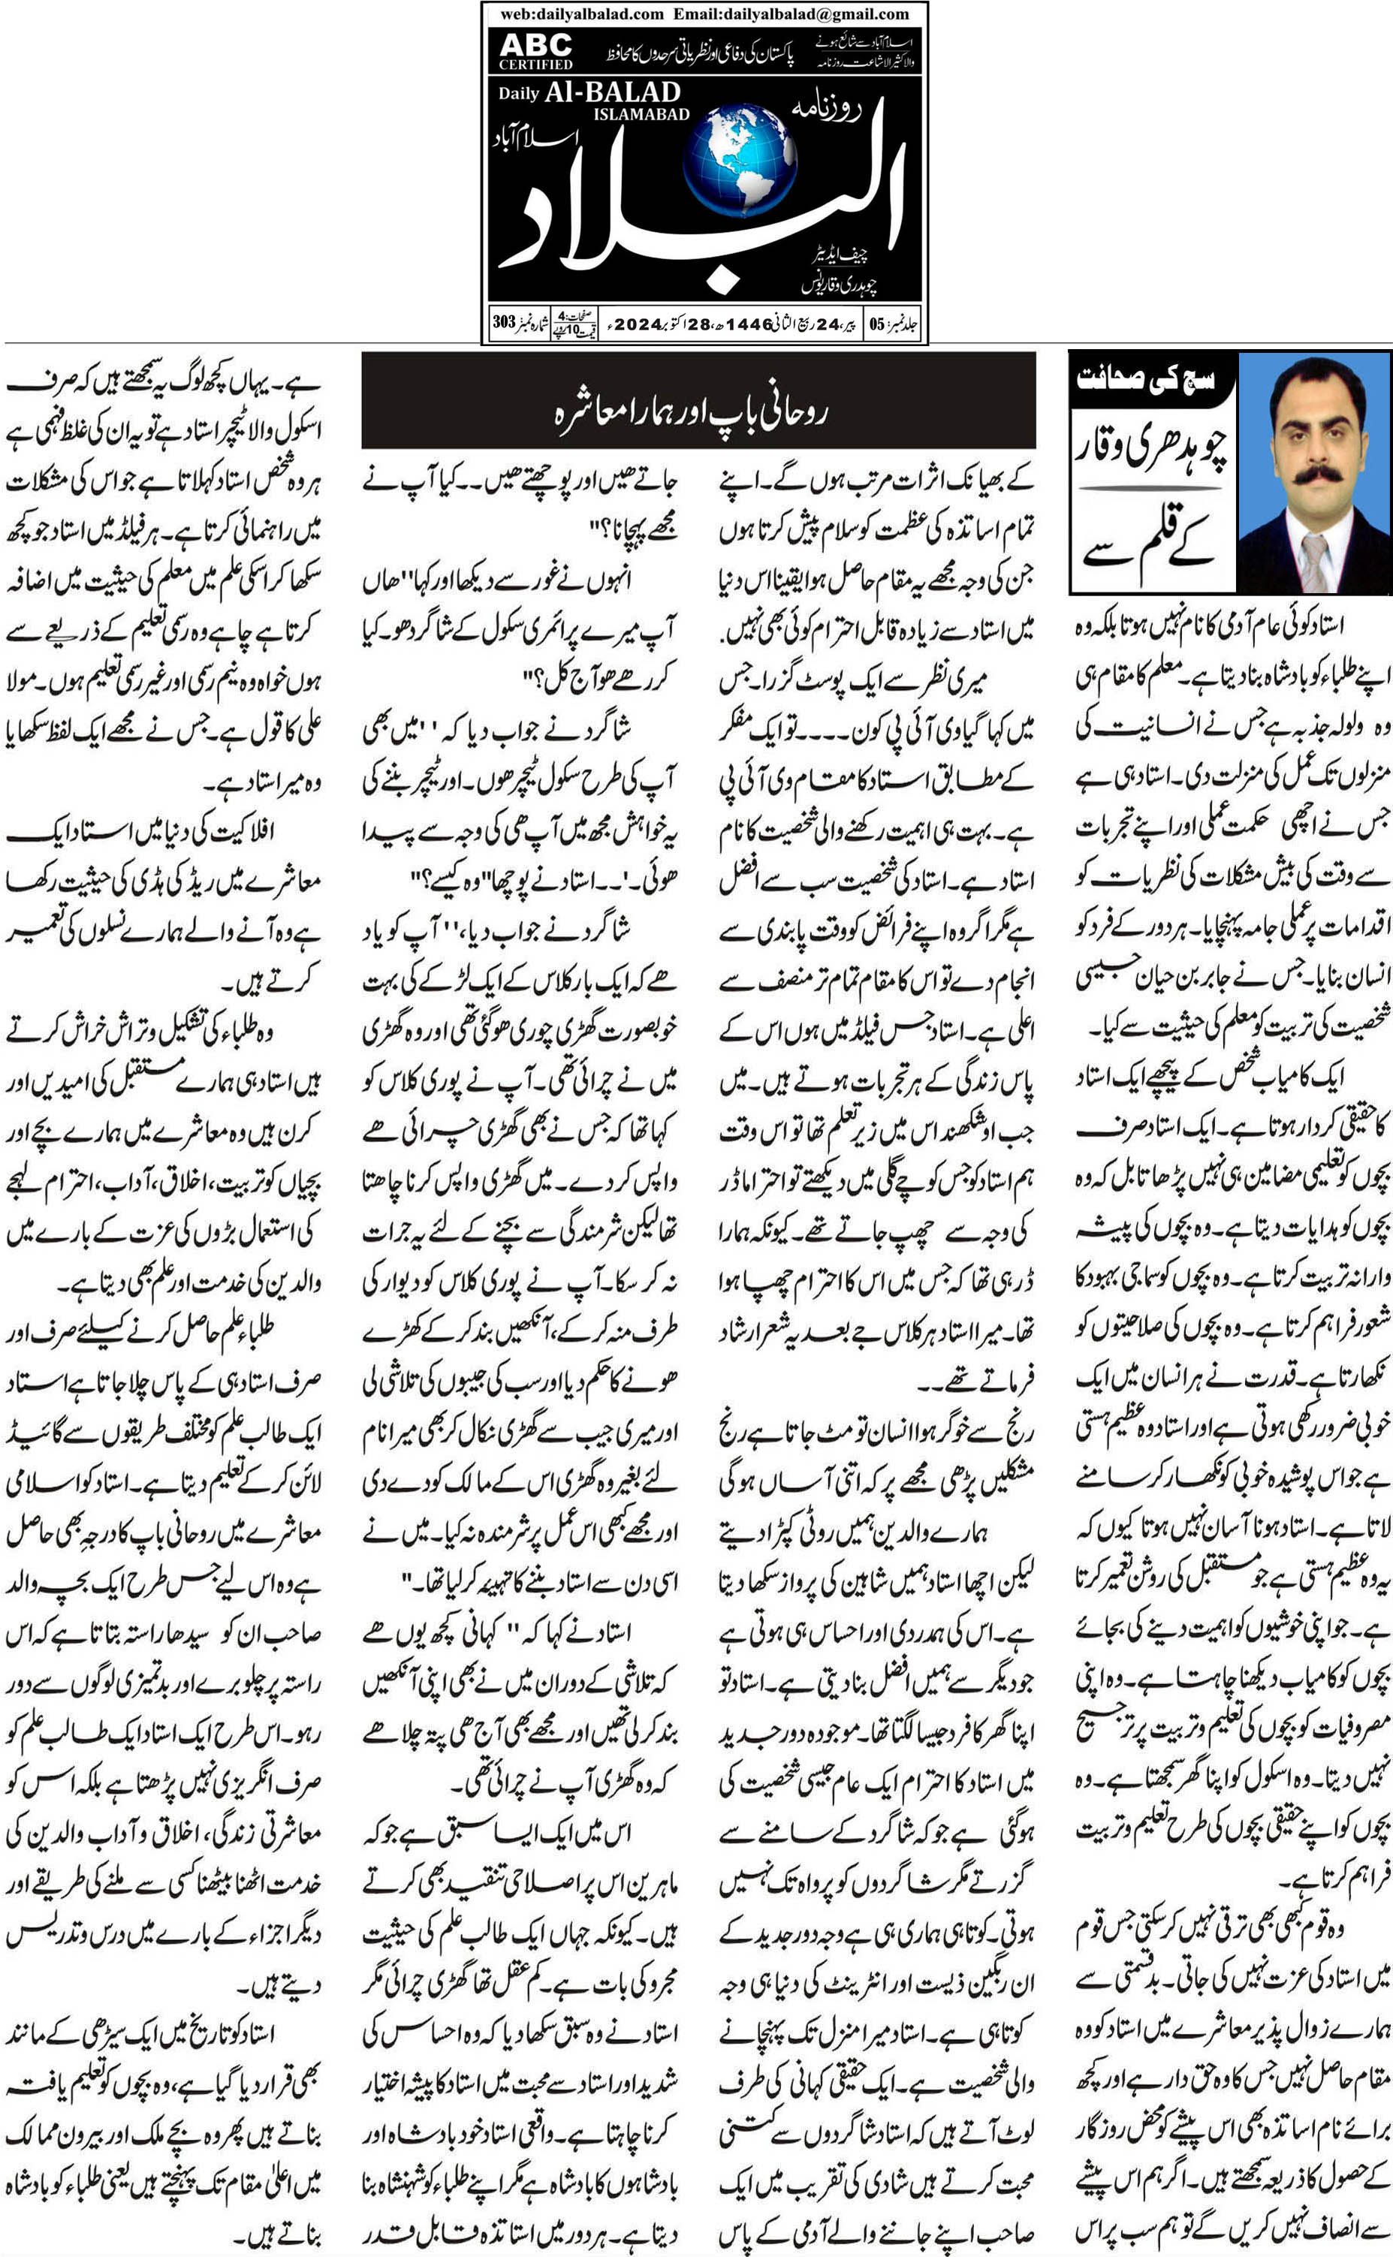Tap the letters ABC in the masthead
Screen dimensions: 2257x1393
[x=535, y=44]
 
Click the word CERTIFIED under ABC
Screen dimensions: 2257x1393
[x=535, y=65]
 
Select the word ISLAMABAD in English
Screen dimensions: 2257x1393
[x=641, y=114]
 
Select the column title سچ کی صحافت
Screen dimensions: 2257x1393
[x=1145, y=378]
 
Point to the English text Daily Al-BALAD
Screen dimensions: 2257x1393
[x=589, y=92]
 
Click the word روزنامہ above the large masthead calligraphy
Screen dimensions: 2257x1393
[x=826, y=108]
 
